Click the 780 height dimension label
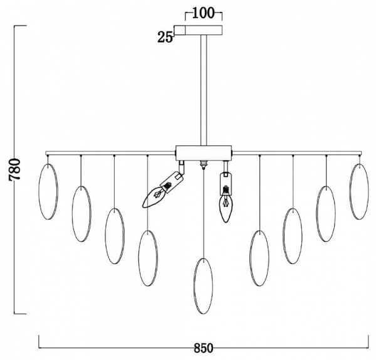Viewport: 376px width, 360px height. pos(14,169)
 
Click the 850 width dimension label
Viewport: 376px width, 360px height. pos(203,347)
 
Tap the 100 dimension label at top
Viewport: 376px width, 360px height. pos(203,13)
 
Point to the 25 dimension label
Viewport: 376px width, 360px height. pos(165,38)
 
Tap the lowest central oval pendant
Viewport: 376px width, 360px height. pos(203,286)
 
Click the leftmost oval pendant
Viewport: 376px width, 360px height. pos(39,191)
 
